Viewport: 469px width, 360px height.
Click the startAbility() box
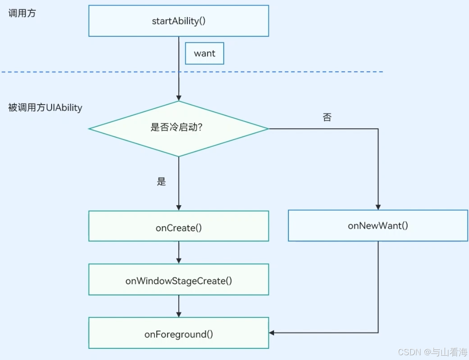(x=179, y=21)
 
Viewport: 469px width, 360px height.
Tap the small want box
(x=205, y=53)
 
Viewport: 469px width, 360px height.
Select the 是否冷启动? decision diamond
(x=179, y=129)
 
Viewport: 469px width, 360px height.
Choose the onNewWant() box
(x=378, y=226)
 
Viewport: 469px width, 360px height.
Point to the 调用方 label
(x=22, y=14)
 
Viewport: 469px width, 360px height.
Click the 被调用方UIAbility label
(x=45, y=108)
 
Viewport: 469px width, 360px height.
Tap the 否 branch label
(x=327, y=117)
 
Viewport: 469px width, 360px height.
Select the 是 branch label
(x=161, y=182)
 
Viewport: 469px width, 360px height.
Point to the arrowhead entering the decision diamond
(x=179, y=98)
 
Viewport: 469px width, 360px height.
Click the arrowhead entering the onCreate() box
(x=179, y=208)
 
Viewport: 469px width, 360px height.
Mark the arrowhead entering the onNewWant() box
(x=378, y=207)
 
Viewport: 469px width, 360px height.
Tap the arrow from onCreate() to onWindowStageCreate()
(x=179, y=252)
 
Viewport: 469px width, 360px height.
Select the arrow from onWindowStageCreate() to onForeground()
(x=179, y=306)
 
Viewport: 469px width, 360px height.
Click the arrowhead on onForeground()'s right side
(x=272, y=332)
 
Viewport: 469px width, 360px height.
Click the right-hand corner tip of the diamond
(x=268, y=129)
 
